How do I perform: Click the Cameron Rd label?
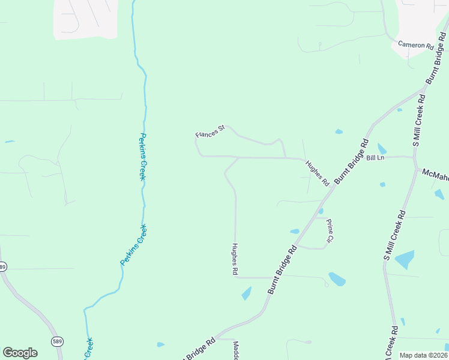click(415, 46)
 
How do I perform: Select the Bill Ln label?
click(375, 158)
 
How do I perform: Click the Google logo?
click(20, 353)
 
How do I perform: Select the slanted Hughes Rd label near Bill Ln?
click(317, 172)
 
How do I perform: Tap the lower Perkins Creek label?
click(134, 245)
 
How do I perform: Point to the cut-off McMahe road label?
click(435, 174)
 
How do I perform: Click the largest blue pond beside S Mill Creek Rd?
click(405, 259)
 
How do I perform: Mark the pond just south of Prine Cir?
click(337, 279)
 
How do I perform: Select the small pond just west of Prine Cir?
click(295, 231)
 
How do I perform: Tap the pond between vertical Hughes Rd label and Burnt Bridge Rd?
click(246, 293)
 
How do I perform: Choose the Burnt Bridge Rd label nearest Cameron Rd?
click(436, 62)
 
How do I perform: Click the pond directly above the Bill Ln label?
click(382, 148)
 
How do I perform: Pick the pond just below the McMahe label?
click(439, 194)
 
